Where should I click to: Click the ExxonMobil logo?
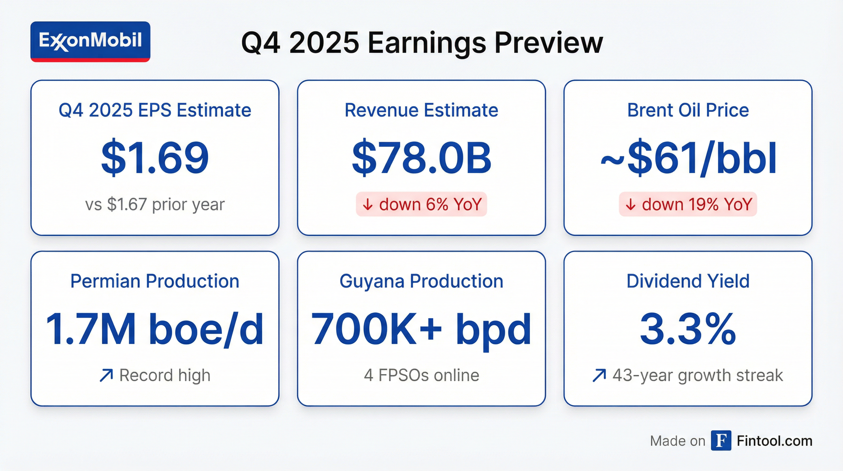[90, 41]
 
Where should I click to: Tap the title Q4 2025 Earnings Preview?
[422, 43]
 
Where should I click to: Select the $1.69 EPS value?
[155, 158]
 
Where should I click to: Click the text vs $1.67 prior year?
[155, 205]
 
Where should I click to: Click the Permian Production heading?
[155, 281]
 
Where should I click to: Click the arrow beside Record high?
[106, 375]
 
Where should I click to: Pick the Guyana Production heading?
[421, 281]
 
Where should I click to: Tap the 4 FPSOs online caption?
[421, 375]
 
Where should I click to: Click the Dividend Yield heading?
[688, 281]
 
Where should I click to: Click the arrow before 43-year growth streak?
[599, 375]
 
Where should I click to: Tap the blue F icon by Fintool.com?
[721, 441]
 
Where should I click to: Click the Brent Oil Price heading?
[688, 110]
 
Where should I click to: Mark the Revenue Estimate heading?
[421, 110]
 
